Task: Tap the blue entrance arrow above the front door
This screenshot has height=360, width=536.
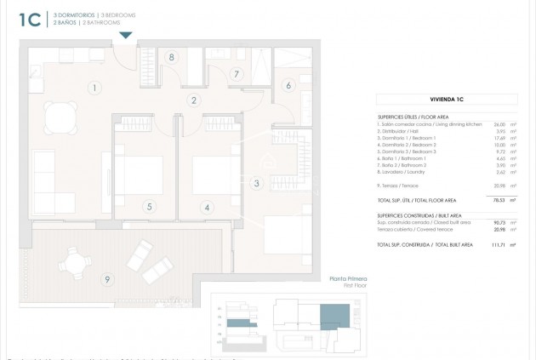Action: pyautogui.click(x=126, y=35)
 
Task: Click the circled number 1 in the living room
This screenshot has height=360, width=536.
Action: pyautogui.click(x=94, y=87)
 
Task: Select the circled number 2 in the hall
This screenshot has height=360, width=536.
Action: pyautogui.click(x=194, y=100)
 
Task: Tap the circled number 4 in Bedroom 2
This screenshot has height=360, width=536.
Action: pyautogui.click(x=207, y=206)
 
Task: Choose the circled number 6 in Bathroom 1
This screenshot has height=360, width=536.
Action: pyautogui.click(x=288, y=85)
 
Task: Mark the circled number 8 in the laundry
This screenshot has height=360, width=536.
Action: pyautogui.click(x=172, y=57)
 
